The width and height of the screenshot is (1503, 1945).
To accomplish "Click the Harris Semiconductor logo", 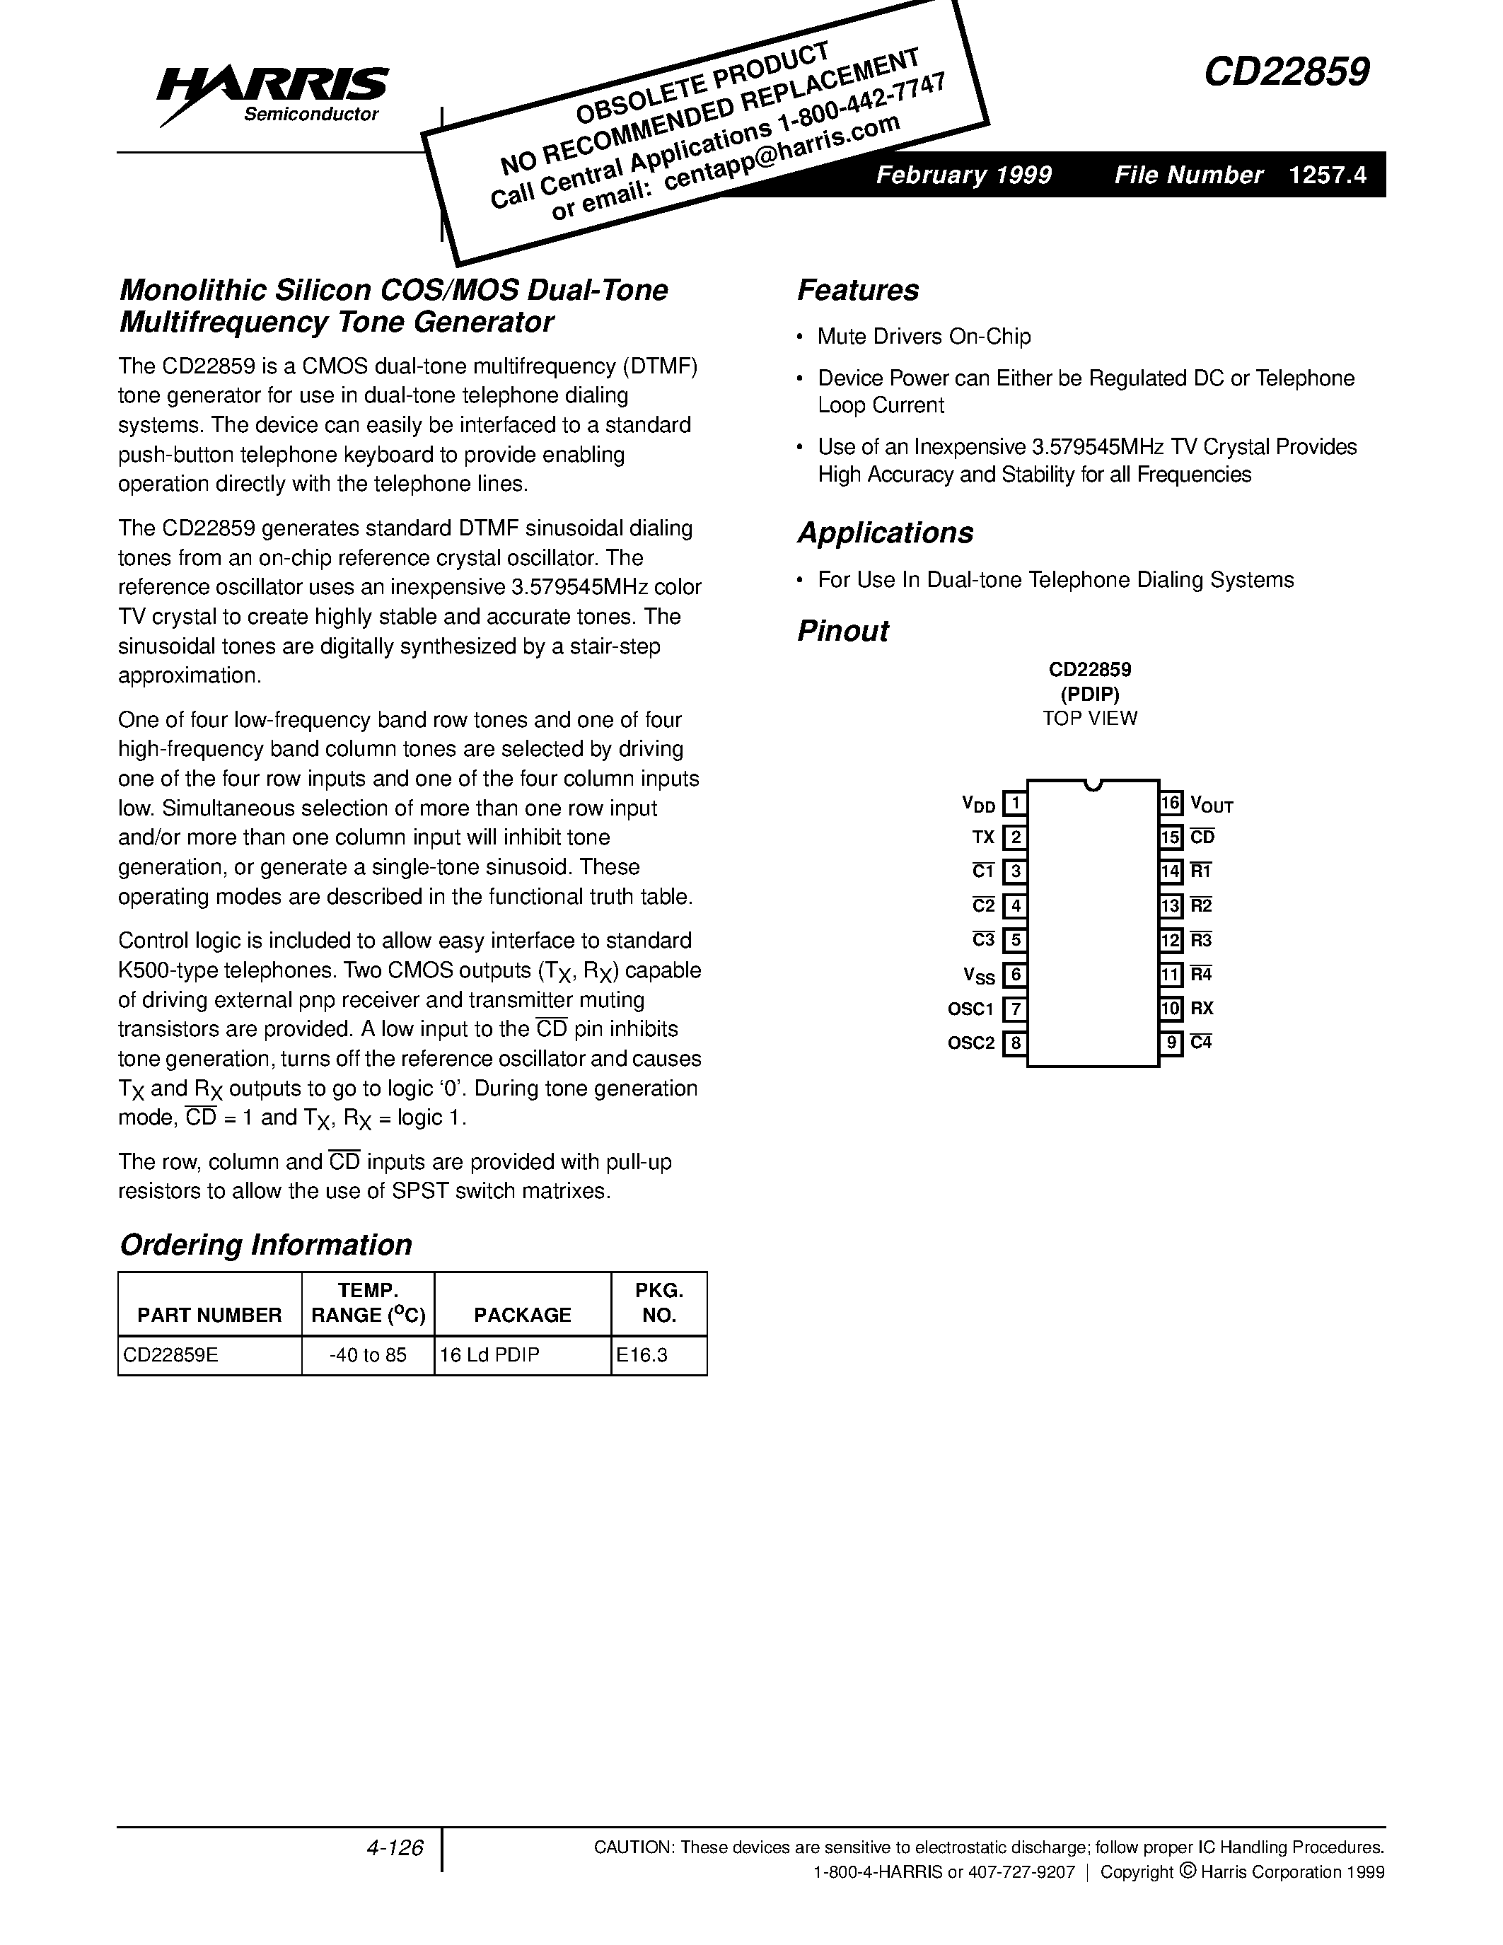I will tap(272, 93).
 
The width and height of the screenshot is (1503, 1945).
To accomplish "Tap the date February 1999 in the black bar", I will tap(963, 175).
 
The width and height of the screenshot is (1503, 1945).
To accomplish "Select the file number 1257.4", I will tap(1327, 175).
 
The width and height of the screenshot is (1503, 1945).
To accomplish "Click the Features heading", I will tap(857, 290).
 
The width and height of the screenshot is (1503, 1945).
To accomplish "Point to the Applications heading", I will tap(885, 533).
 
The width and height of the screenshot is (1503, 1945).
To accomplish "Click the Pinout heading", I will tap(842, 630).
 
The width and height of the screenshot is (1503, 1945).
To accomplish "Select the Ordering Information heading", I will tap(265, 1244).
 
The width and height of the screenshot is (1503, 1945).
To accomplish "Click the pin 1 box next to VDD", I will tap(1015, 803).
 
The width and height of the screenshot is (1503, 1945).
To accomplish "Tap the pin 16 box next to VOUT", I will tap(1171, 803).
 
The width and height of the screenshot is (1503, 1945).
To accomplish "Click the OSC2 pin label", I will tap(970, 1043).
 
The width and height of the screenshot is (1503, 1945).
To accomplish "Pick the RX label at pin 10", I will tap(1202, 1008).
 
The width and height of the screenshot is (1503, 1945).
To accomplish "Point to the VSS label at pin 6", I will tap(979, 975).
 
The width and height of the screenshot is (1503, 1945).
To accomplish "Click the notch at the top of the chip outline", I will tap(1093, 784).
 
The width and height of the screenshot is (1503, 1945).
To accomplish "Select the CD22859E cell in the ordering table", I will tap(171, 1354).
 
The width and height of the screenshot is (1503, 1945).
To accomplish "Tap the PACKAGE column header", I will tap(522, 1315).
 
